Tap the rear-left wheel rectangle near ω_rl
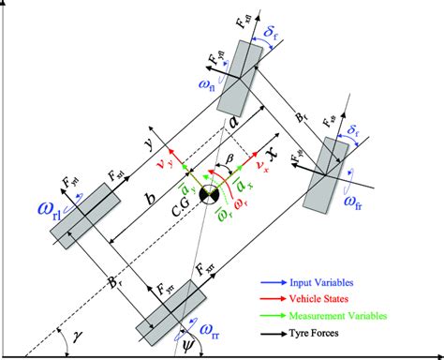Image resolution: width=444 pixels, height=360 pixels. point(86,214)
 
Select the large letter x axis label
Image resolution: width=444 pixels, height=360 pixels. point(273,151)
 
